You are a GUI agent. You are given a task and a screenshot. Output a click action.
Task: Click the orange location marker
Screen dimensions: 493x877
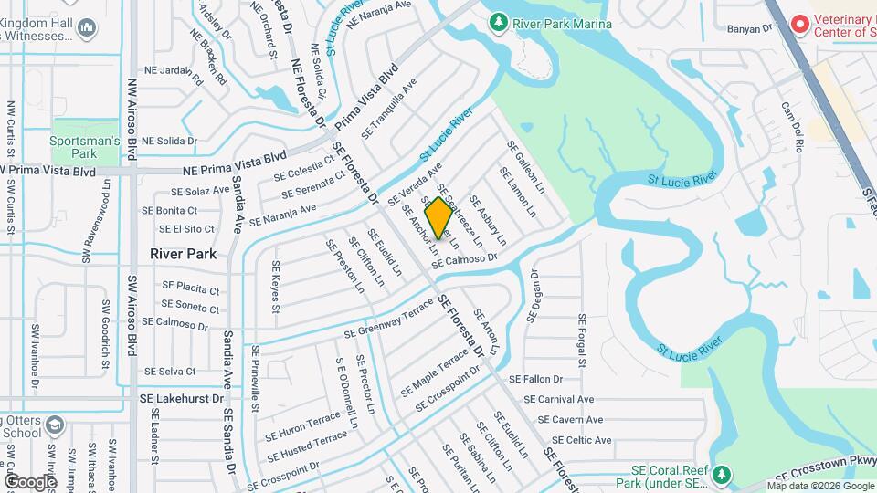coord(438,217)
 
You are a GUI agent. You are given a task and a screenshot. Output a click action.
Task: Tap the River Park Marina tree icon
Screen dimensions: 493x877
coord(498,20)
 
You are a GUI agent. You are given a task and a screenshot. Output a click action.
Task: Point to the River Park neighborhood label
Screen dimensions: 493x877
coord(184,254)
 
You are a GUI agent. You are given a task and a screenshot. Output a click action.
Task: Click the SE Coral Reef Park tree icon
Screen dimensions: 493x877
coord(722,475)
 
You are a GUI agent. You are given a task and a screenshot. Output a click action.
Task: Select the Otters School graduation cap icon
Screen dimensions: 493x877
coord(54,426)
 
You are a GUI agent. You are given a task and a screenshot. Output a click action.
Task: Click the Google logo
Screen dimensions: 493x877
coord(30,481)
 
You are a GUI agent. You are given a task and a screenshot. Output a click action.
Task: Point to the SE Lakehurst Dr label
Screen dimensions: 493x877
coord(181,399)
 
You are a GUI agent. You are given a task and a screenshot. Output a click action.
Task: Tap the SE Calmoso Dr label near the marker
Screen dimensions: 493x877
coord(463,260)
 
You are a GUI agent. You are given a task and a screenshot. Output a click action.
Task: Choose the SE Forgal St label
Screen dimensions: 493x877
coord(581,340)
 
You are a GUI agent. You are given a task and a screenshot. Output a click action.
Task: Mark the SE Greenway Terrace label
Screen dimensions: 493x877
coord(388,320)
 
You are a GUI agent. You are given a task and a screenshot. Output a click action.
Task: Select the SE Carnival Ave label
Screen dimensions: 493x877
coord(559,399)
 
